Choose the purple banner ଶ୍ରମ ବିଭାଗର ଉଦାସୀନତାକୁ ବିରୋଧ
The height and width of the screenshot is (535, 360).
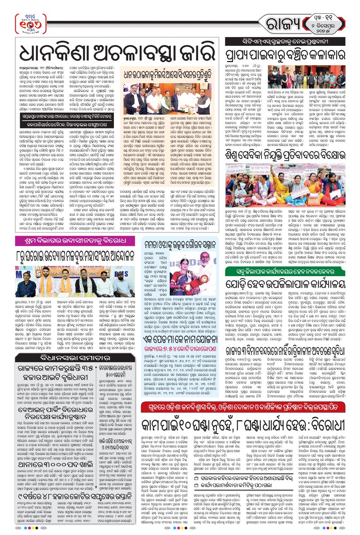coord(75,241)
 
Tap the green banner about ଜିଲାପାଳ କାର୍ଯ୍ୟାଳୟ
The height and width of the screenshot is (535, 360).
coord(285,272)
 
